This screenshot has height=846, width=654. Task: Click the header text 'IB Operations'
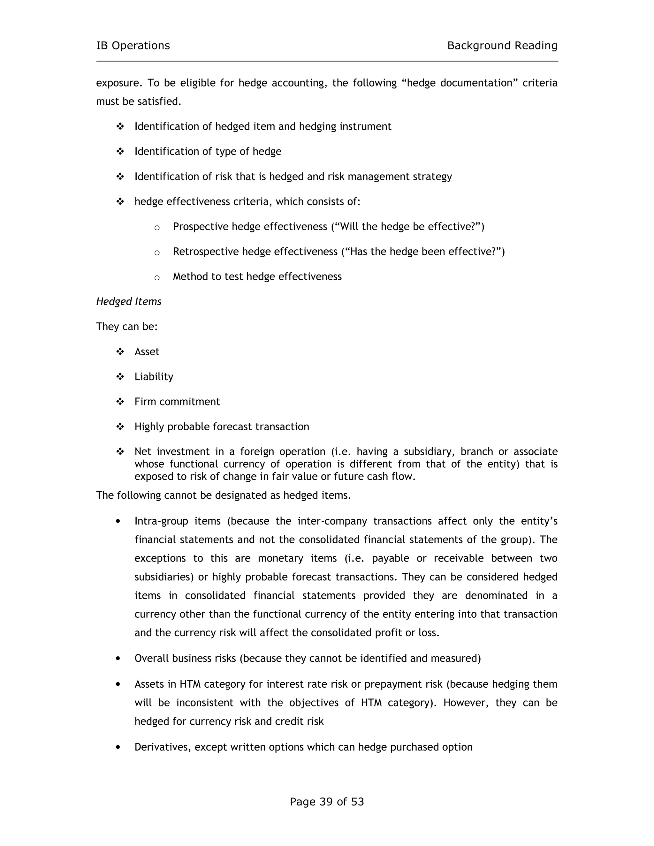(x=133, y=46)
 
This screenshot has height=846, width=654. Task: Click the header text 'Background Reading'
(x=502, y=46)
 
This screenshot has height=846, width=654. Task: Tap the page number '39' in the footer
(x=326, y=801)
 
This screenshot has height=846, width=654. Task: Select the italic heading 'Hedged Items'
(x=129, y=301)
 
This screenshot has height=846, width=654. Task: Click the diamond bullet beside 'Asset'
(x=120, y=351)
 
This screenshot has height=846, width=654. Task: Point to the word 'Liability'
(x=154, y=376)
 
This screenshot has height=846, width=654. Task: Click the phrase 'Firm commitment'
(x=177, y=402)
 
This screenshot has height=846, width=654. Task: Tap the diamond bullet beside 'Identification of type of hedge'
(x=120, y=151)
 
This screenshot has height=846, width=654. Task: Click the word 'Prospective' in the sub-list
(x=200, y=227)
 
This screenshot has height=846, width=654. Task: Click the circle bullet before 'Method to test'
(x=157, y=277)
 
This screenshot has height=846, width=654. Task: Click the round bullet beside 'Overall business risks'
(x=118, y=659)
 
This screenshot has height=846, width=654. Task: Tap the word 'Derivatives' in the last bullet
(x=163, y=747)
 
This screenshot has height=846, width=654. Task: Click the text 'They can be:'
(x=127, y=327)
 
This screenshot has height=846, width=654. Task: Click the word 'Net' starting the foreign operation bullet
(x=142, y=452)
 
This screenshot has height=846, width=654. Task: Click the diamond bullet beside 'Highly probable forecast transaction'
(x=120, y=427)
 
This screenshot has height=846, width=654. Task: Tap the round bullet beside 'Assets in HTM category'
(x=118, y=684)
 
